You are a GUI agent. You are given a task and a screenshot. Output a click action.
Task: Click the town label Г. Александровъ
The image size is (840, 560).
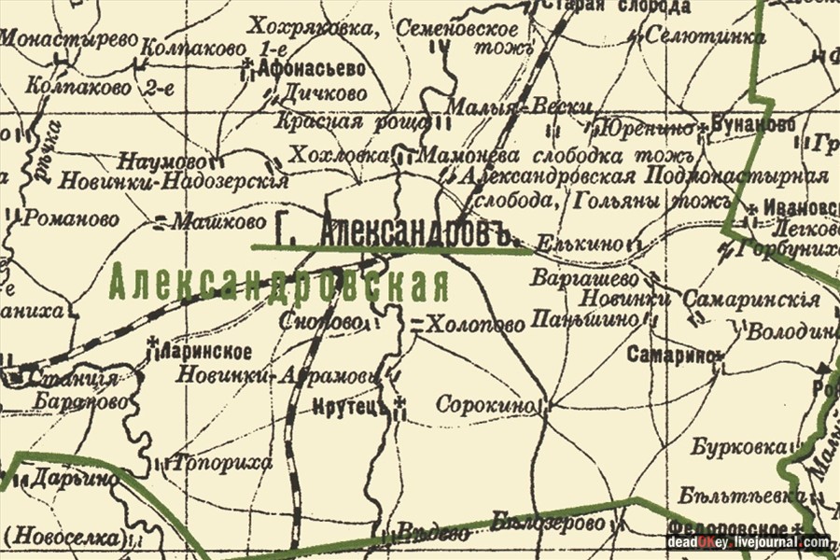pos(398,231)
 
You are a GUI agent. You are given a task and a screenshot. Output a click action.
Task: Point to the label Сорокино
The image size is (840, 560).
pos(485,405)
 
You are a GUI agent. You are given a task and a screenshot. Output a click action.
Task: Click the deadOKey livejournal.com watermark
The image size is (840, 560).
pos(748,542)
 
